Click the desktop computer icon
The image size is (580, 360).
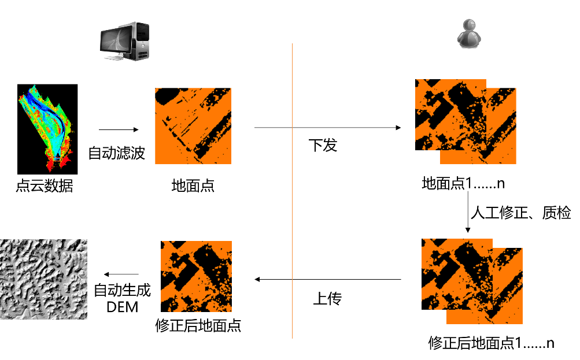click(125, 41)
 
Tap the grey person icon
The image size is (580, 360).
click(469, 34)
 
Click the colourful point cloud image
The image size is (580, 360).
click(47, 129)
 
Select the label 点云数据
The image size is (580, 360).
click(45, 185)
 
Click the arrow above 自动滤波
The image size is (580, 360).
click(119, 129)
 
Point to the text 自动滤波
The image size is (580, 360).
click(116, 153)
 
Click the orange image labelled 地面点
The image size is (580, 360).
click(193, 126)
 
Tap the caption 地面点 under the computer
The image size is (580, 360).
click(193, 185)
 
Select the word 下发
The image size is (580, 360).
click(323, 145)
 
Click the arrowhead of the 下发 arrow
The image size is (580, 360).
click(398, 128)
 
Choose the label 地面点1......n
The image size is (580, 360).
click(463, 183)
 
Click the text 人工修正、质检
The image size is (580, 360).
click(521, 213)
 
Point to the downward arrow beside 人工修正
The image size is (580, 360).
click(468, 212)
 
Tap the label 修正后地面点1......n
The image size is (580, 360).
click(491, 343)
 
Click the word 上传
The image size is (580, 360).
click(327, 298)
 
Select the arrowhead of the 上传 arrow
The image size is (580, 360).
click(257, 280)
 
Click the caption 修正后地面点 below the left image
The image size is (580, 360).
click(198, 326)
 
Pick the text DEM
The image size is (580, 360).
click(123, 307)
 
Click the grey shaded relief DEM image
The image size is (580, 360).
click(43, 279)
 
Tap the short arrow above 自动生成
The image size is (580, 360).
click(121, 274)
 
